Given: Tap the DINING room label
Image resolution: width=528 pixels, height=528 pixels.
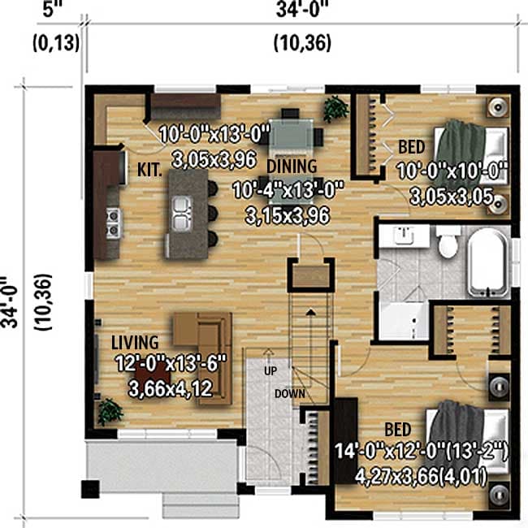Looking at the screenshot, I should (292, 167).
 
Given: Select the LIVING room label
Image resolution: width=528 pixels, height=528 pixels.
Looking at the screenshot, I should (135, 343).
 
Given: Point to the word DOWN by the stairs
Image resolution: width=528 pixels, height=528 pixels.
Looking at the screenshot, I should (288, 393).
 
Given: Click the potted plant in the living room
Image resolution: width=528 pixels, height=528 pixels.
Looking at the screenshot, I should (108, 410).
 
